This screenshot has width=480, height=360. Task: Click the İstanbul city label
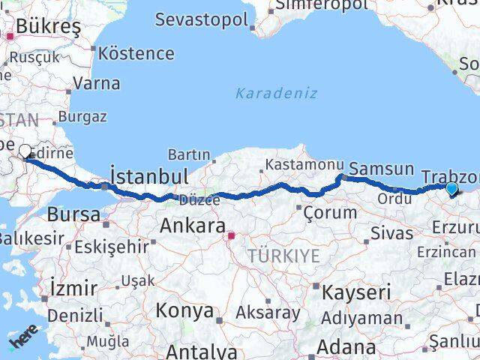(x=148, y=177)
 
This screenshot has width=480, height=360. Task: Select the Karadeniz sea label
(x=276, y=94)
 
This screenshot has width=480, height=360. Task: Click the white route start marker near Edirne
(x=25, y=151)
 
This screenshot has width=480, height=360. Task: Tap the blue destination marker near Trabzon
(x=451, y=189)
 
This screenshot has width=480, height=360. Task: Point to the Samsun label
(x=382, y=169)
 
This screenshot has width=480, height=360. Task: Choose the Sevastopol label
(x=201, y=19)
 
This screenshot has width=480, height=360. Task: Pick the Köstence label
(x=136, y=54)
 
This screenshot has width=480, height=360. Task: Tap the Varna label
(x=97, y=82)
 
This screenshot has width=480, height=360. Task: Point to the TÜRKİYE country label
(x=285, y=256)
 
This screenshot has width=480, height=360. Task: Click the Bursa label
(x=73, y=214)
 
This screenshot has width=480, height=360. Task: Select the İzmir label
(x=73, y=287)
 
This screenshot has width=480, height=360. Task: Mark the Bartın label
(x=188, y=154)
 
